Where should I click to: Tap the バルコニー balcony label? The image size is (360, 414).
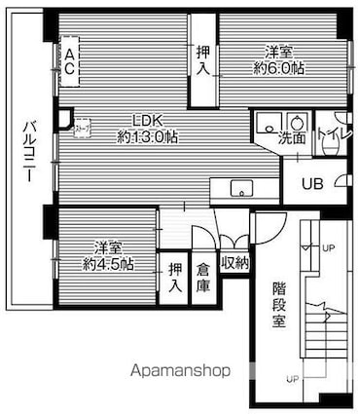click(28, 156)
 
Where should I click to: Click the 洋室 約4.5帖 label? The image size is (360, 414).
click(108, 255)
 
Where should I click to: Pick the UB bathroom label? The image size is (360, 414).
click(311, 183)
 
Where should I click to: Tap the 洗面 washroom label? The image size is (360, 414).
click(292, 138)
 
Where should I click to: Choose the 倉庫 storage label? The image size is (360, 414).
click(202, 279)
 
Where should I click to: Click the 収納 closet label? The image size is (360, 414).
click(234, 264)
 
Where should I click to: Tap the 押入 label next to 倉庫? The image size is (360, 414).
click(175, 279)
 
